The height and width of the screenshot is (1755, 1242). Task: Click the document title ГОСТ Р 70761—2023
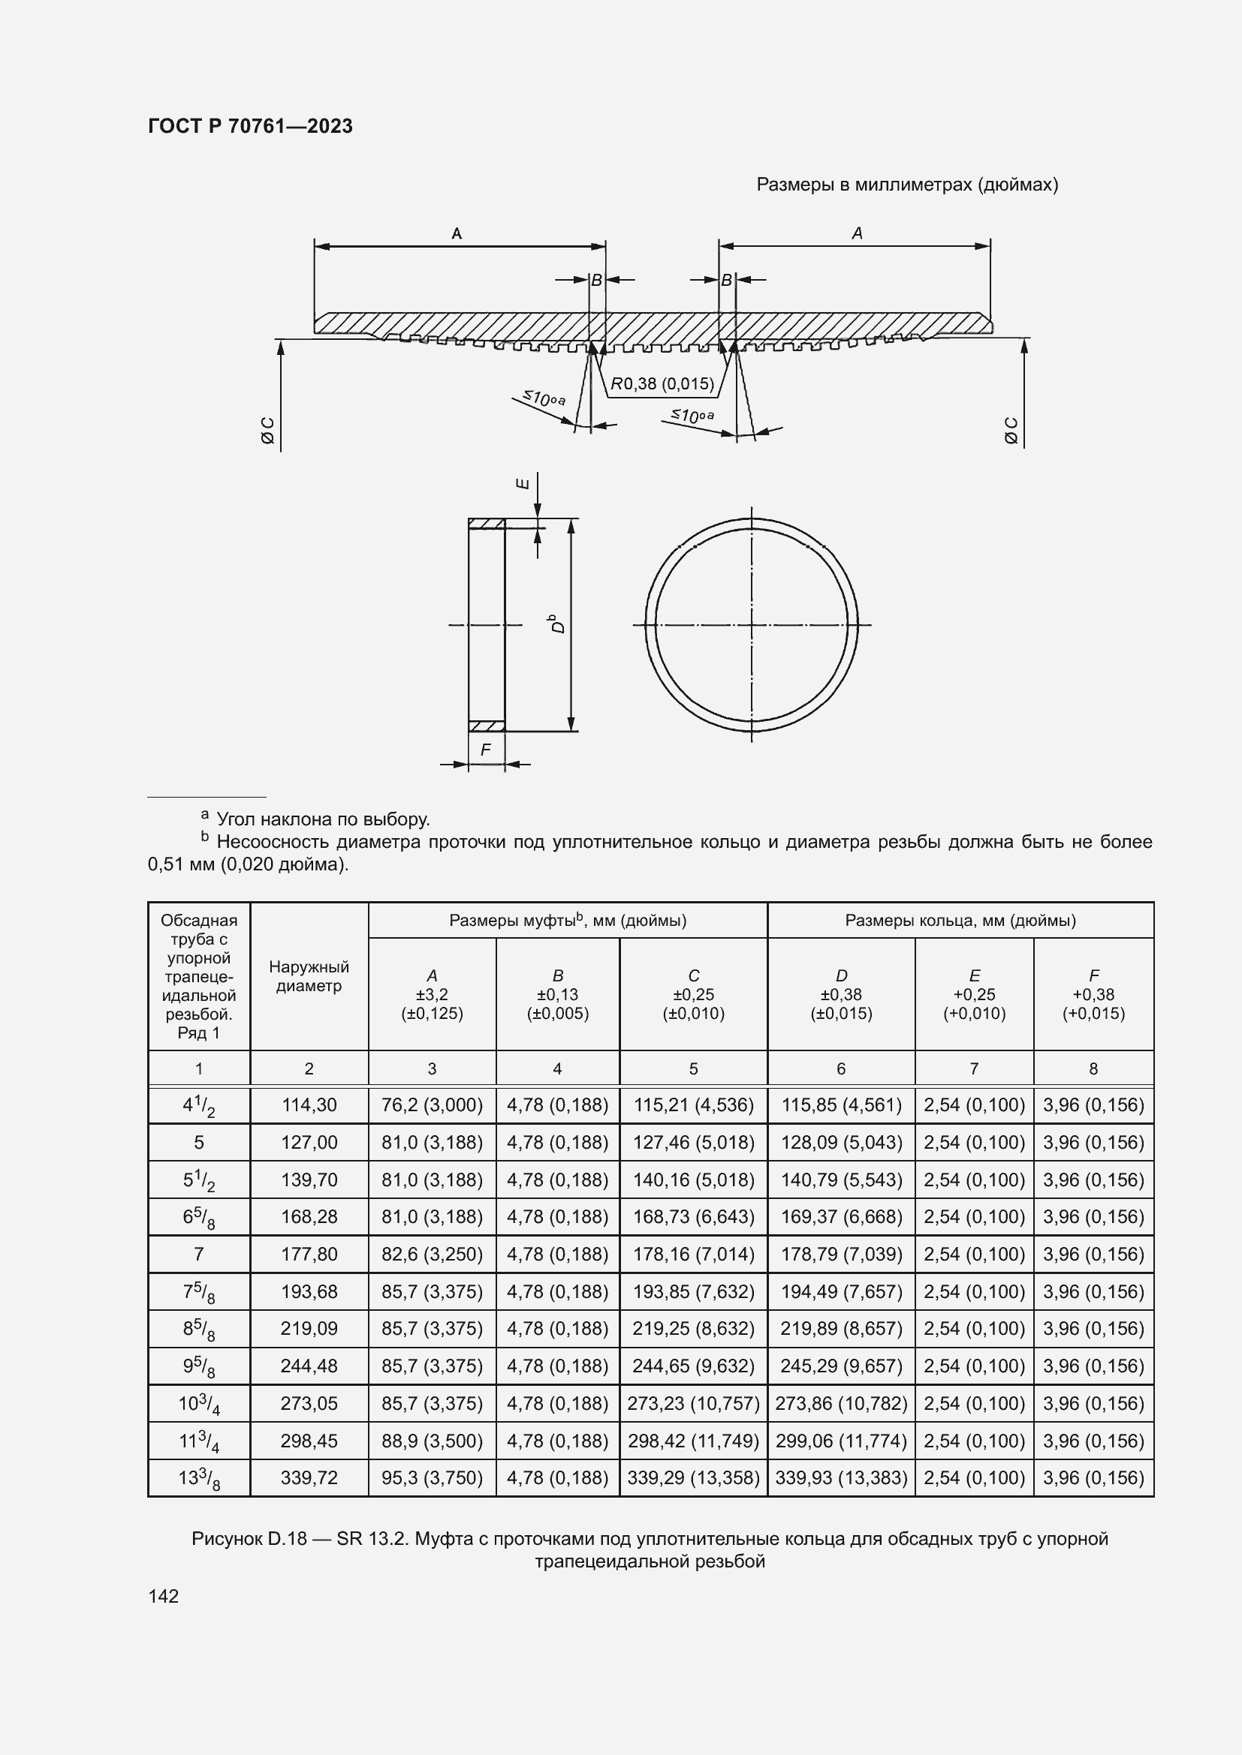pos(250,126)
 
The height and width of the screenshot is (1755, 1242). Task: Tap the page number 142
pos(163,1596)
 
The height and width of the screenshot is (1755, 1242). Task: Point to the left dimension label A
pos(457,233)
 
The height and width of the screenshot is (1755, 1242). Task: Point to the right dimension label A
pos(857,233)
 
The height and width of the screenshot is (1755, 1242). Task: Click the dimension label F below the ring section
pos(486,750)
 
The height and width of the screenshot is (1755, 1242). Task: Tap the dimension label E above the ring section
pos(523,483)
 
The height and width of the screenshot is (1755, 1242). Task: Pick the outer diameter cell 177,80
pos(309,1255)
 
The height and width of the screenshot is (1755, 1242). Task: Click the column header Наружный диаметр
pos(309,976)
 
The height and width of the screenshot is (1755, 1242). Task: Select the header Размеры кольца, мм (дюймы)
pos(960,921)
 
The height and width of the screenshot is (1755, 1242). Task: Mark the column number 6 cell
pos(840,1068)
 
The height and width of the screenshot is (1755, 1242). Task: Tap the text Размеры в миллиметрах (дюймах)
pos(907,185)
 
